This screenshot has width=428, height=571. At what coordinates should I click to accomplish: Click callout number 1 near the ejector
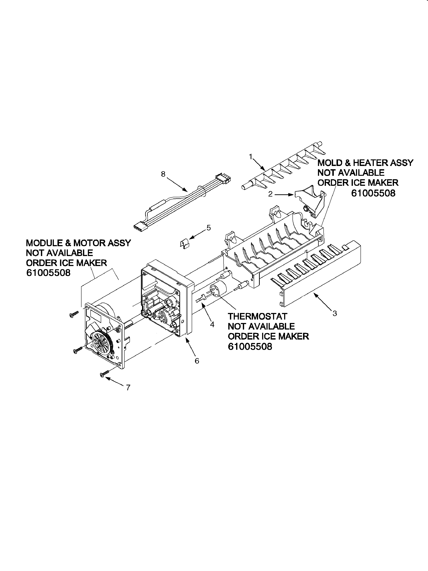coord(250,156)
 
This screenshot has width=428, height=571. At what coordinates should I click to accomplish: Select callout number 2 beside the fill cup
coord(270,194)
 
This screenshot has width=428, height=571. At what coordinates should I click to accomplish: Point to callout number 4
coord(212,324)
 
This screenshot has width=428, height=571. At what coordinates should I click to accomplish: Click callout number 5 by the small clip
coord(208,228)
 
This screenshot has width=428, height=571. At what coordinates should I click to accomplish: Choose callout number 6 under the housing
coord(197,361)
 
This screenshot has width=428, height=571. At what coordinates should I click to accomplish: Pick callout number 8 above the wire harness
coord(163,174)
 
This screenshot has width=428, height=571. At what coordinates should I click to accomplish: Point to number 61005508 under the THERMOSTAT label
coord(250,346)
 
